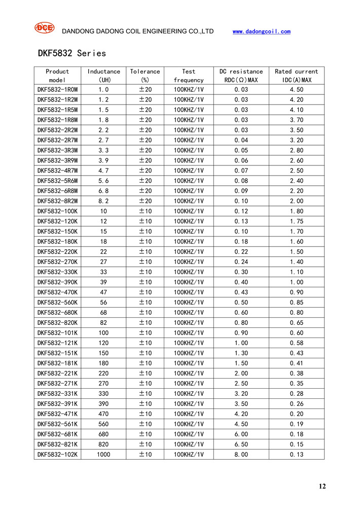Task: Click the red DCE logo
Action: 44,28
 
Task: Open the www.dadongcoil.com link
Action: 261,31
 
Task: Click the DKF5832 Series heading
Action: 71,53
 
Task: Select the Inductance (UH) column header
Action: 103,76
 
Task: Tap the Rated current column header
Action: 296,76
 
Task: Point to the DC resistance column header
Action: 241,76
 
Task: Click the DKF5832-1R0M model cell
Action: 57,89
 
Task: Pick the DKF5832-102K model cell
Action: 57,454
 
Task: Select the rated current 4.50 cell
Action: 296,89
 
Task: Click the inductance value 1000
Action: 103,454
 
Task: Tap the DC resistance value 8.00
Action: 241,454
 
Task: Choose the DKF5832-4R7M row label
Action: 57,171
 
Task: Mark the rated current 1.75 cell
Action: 296,221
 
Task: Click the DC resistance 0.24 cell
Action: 241,262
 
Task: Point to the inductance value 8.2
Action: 103,201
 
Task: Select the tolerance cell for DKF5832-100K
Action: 145,211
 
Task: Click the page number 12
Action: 322,487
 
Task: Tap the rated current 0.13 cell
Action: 296,454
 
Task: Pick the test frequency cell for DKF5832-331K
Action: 189,393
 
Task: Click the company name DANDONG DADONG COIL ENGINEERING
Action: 137,31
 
